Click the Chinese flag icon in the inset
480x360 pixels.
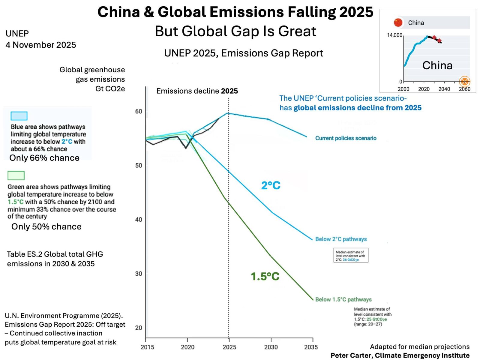pos(398,22)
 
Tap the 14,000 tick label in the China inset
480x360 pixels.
pos(394,35)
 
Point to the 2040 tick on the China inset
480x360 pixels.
pos(444,89)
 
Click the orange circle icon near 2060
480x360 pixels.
pos(464,81)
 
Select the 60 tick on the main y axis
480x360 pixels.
pos(139,111)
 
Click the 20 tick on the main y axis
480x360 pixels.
pos(139,328)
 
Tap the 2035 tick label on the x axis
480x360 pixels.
pos(311,347)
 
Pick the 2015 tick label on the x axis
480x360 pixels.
pos(147,347)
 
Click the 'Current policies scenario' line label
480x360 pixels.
pos(346,138)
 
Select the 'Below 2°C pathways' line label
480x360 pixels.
pos(341,239)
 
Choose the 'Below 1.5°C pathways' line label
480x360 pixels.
pos(343,299)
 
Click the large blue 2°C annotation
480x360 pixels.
pos(271,185)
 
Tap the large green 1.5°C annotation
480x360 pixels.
pos(265,276)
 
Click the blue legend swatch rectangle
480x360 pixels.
pos(19,116)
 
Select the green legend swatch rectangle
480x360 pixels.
pos(16,175)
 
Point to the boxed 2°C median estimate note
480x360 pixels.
pos(351,255)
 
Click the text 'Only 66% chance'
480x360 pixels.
pos(44,158)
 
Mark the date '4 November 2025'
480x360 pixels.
pos(41,45)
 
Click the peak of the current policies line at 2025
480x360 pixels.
pos(228,113)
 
